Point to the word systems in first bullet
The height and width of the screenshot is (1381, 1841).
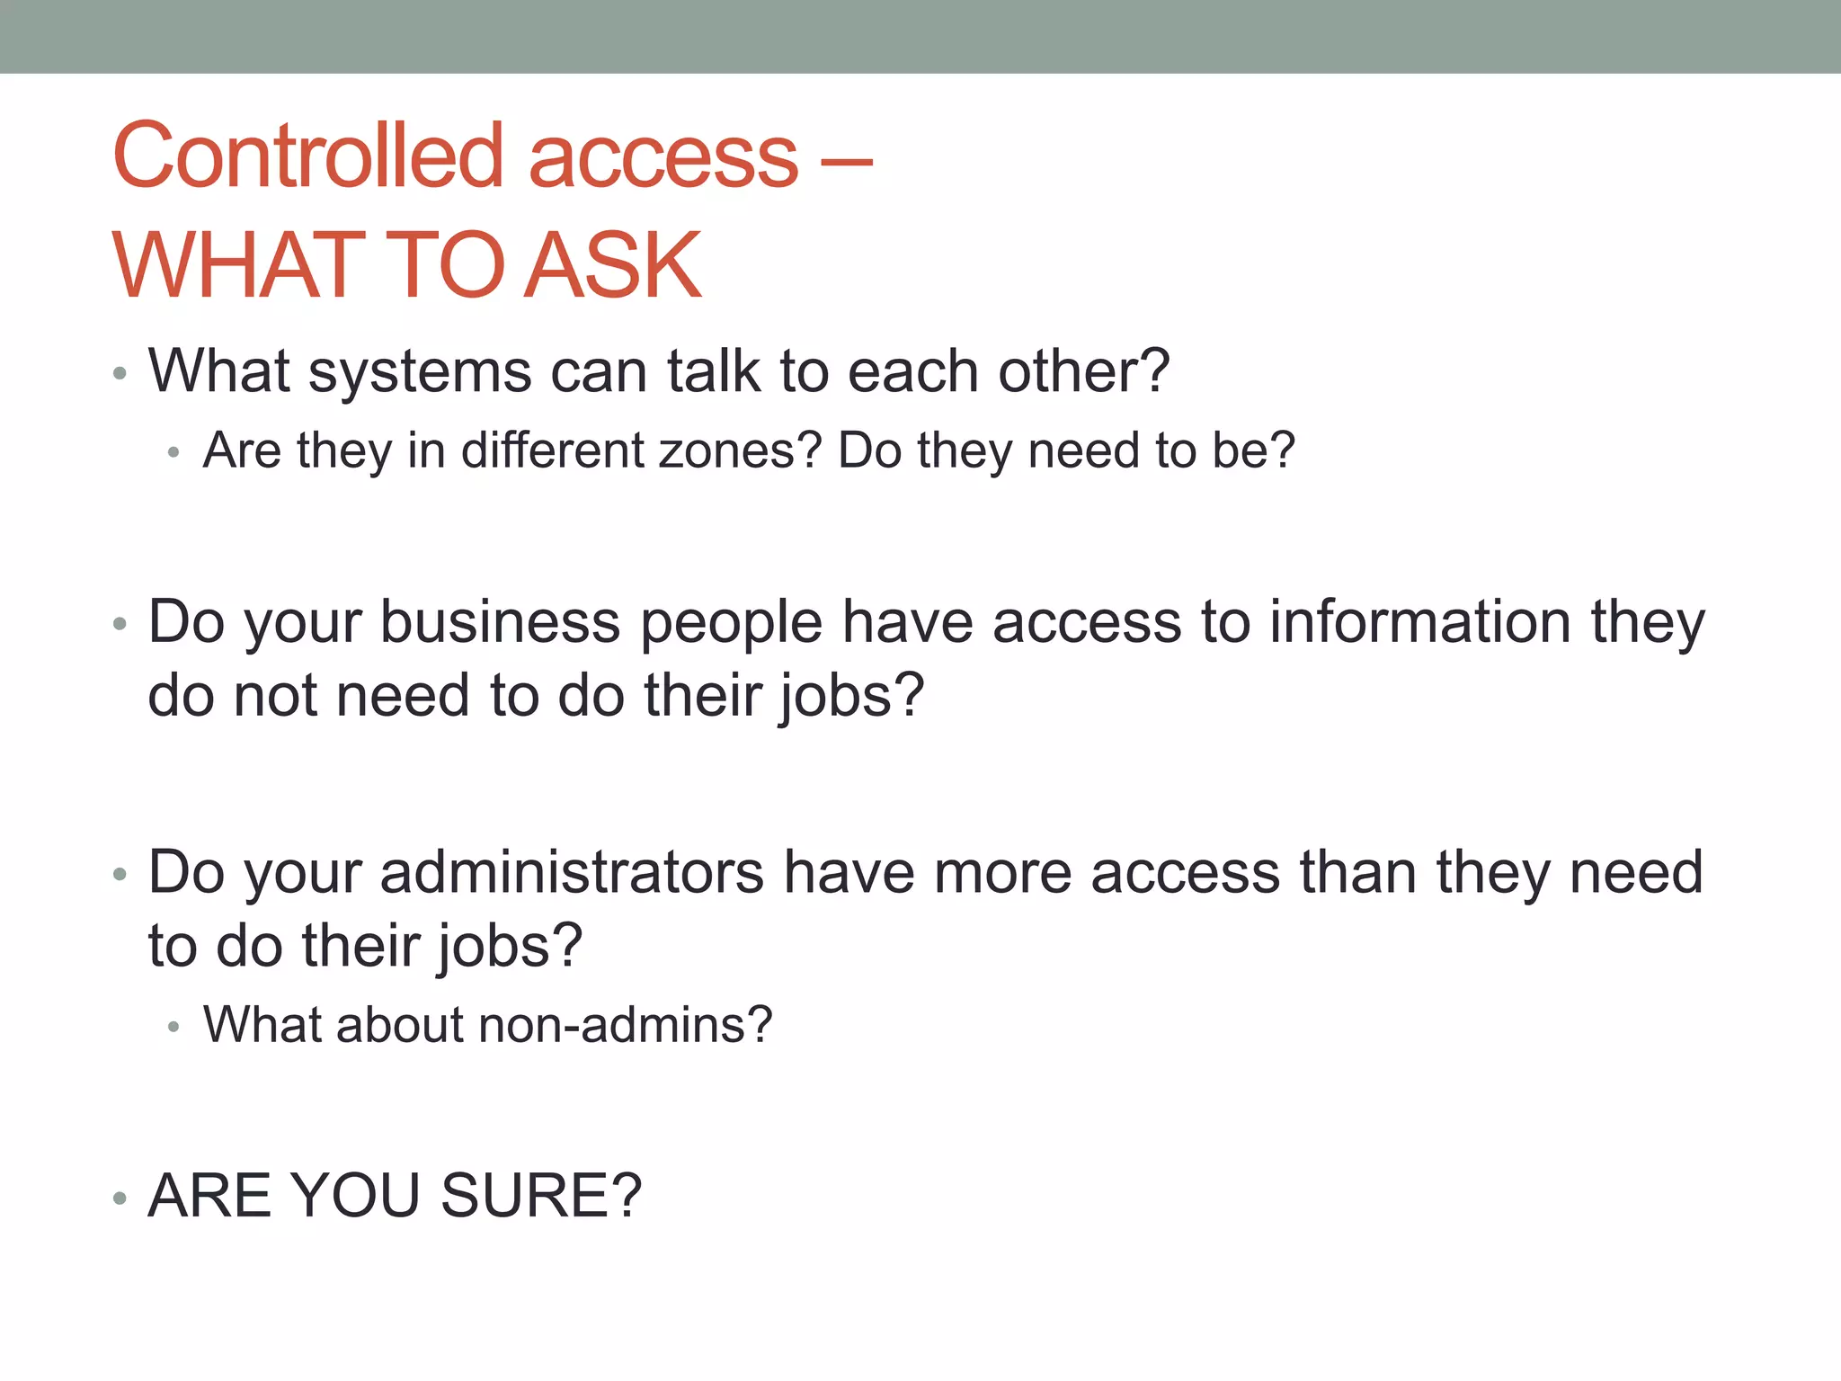[420, 371]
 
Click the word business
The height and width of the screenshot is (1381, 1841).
[500, 622]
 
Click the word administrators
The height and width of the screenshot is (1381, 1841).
[572, 872]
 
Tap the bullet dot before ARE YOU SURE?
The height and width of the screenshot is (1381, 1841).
[120, 1198]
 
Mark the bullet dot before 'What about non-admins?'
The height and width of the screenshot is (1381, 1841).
[173, 1027]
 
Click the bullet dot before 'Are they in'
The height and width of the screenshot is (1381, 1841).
[173, 452]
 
